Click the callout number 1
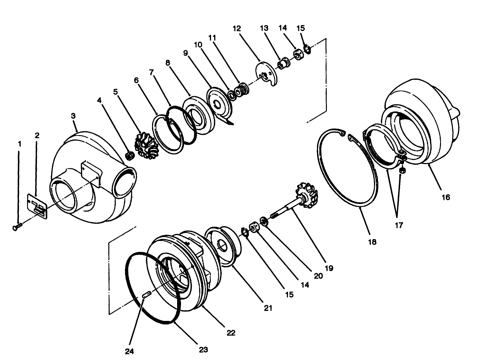click(20, 144)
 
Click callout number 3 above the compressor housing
click(73, 116)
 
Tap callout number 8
click(167, 63)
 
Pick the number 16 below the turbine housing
click(446, 197)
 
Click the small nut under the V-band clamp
click(402, 170)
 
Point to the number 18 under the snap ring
click(372, 242)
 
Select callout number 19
click(329, 268)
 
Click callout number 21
click(268, 308)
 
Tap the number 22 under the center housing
click(231, 333)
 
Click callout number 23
click(203, 350)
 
